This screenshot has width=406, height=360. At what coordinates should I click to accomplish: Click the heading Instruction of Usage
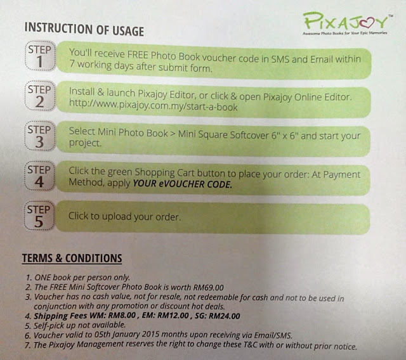click(x=84, y=29)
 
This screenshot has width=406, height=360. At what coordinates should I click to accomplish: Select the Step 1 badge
click(x=40, y=56)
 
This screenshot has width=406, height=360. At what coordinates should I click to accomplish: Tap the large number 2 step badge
click(x=39, y=96)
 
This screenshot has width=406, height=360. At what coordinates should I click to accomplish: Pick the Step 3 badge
click(x=39, y=136)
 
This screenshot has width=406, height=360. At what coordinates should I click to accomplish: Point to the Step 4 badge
click(x=39, y=176)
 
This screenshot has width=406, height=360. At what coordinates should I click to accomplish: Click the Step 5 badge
click(x=39, y=215)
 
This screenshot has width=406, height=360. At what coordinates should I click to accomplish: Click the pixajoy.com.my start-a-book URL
click(x=154, y=105)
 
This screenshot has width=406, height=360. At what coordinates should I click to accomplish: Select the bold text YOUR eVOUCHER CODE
click(x=182, y=184)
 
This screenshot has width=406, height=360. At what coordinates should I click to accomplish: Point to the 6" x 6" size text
click(x=284, y=135)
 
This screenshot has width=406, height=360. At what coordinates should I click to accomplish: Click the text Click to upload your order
click(x=124, y=216)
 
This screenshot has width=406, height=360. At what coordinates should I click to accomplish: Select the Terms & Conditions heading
click(x=72, y=259)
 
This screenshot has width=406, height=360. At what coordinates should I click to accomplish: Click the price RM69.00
click(x=208, y=287)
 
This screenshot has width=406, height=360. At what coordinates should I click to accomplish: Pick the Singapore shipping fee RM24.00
click(x=225, y=316)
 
